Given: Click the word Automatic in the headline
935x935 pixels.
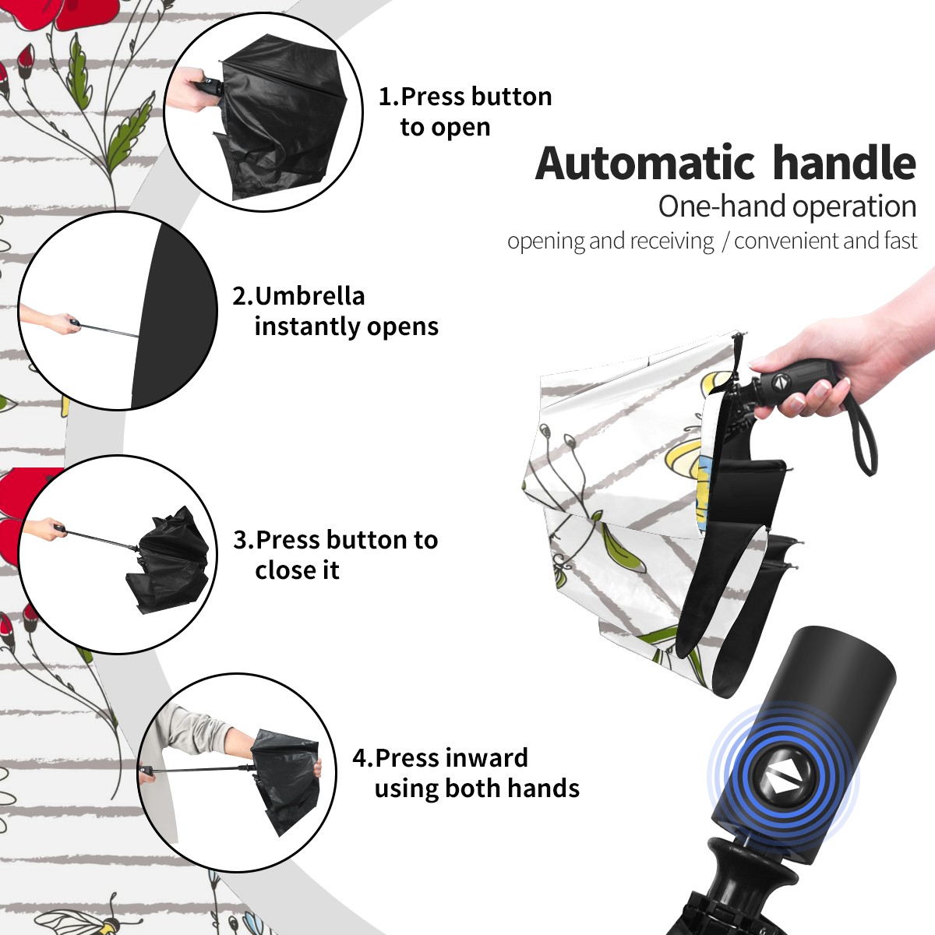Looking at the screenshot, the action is (645, 164).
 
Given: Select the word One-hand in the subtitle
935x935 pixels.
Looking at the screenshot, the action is (723, 206).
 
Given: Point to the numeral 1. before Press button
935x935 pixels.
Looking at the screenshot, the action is (388, 97).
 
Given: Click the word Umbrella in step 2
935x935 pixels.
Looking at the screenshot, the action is (309, 296).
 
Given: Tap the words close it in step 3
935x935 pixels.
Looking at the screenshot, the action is (297, 570).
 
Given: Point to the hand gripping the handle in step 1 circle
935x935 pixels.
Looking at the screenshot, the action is (192, 88).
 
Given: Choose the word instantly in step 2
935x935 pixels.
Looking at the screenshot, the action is (307, 326).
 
